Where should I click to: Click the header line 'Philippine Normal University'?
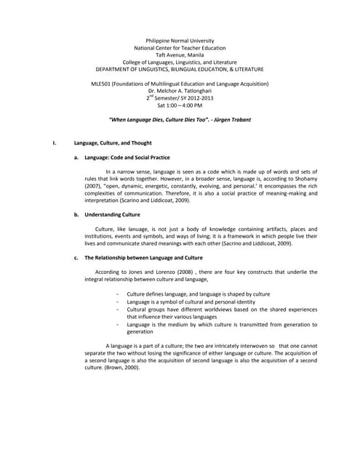(180, 41)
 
